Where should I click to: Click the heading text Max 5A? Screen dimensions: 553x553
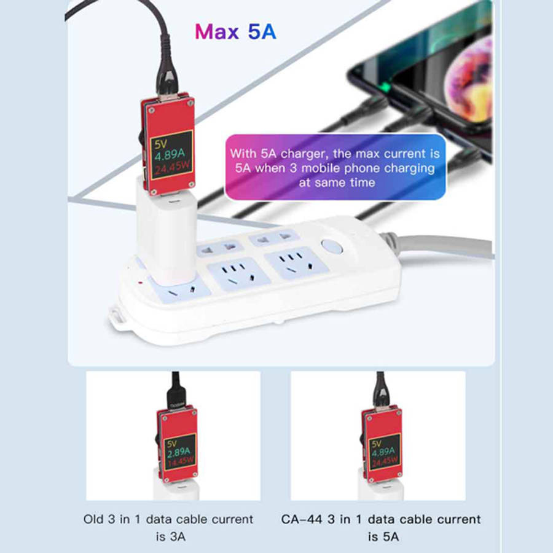point(235,31)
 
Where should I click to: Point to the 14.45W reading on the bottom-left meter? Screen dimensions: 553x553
point(180,461)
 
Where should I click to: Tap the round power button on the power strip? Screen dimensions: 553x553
point(332,247)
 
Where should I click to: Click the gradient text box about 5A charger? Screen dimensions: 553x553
point(335,167)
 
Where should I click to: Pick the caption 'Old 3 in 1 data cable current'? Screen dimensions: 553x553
point(168,519)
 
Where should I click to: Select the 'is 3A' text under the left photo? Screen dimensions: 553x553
point(169,537)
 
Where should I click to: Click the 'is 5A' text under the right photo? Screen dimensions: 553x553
point(383,537)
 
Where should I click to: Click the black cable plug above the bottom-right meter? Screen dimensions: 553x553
point(381,396)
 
